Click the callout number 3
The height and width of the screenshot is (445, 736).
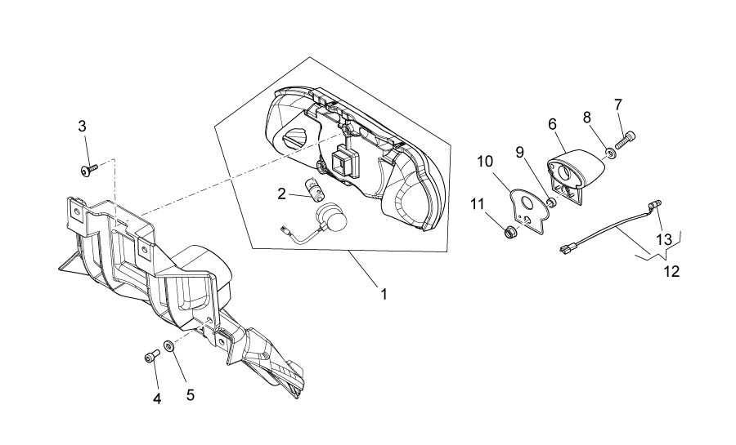pyautogui.click(x=82, y=126)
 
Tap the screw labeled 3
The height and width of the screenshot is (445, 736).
pyautogui.click(x=88, y=170)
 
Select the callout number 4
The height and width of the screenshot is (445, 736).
pyautogui.click(x=157, y=399)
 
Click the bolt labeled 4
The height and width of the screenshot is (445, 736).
pyautogui.click(x=151, y=357)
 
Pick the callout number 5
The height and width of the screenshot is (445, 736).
pyautogui.click(x=190, y=395)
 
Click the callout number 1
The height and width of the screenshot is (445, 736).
pyautogui.click(x=384, y=294)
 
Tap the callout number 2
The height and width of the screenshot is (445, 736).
pyautogui.click(x=281, y=194)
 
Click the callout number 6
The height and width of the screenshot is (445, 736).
pyautogui.click(x=552, y=124)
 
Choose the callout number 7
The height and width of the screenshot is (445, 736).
pyautogui.click(x=617, y=104)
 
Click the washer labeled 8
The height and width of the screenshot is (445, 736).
pyautogui.click(x=610, y=153)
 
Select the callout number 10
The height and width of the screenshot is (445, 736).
pyautogui.click(x=485, y=162)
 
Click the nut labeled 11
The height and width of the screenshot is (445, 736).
pyautogui.click(x=509, y=232)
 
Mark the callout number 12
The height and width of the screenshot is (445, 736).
pyautogui.click(x=672, y=271)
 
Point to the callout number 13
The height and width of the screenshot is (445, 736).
pyautogui.click(x=664, y=240)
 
